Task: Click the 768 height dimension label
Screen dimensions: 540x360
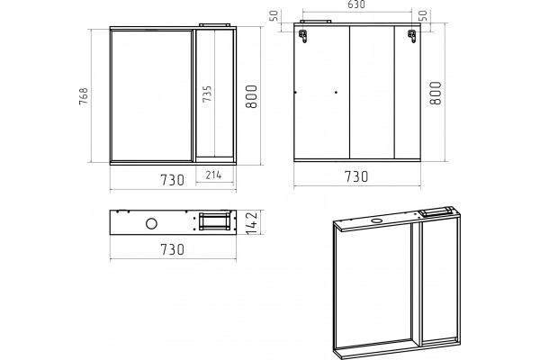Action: pyautogui.click(x=84, y=96)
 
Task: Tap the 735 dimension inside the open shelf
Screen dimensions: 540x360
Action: pyautogui.click(x=207, y=94)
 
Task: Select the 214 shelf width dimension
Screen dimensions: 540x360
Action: pyautogui.click(x=213, y=175)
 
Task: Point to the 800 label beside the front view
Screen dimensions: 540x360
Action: pyautogui.click(x=251, y=96)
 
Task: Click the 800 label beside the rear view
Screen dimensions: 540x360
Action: pyautogui.click(x=436, y=93)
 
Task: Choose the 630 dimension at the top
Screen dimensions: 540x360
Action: pyautogui.click(x=356, y=4)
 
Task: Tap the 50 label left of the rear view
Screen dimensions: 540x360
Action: pyautogui.click(x=274, y=16)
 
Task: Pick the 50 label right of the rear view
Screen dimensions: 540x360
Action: pyautogui.click(x=424, y=16)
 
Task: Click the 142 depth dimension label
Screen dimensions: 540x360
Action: pyautogui.click(x=252, y=223)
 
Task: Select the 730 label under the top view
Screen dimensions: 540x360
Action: pyautogui.click(x=173, y=249)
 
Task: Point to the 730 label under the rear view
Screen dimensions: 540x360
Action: pyautogui.click(x=356, y=176)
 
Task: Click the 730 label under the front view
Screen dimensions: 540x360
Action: pyautogui.click(x=173, y=180)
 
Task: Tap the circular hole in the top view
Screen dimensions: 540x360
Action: pyautogui.click(x=151, y=223)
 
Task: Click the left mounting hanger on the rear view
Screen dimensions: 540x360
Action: pyautogui.click(x=303, y=36)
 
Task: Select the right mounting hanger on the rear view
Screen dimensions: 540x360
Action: pyautogui.click(x=412, y=36)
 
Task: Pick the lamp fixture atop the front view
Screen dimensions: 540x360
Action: pyautogui.click(x=214, y=25)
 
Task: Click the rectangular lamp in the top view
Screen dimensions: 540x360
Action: pyautogui.click(x=215, y=221)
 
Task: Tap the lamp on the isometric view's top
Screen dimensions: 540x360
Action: pyautogui.click(x=437, y=211)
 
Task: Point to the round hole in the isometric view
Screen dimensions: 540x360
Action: pyautogui.click(x=377, y=220)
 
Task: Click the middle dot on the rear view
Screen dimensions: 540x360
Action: pyautogui.click(x=336, y=93)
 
